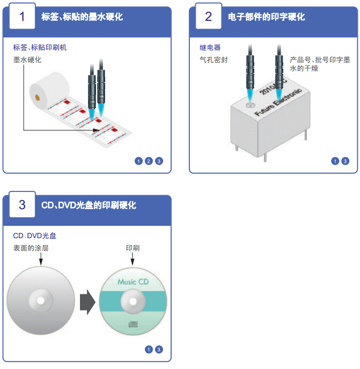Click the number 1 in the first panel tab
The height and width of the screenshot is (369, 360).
click(x=22, y=16)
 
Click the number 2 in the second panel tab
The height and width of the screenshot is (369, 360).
click(x=208, y=16)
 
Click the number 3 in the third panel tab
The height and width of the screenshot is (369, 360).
click(x=22, y=204)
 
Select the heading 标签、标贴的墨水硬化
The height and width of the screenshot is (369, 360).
click(x=82, y=17)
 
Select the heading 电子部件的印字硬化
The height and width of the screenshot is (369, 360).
click(x=266, y=17)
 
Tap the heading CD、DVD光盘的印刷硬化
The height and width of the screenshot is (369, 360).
click(x=89, y=205)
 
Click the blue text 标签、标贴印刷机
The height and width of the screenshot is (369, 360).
click(x=40, y=48)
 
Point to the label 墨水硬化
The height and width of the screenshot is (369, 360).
click(x=27, y=60)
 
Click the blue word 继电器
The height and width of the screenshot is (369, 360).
click(x=210, y=48)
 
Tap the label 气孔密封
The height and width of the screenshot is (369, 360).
click(x=213, y=60)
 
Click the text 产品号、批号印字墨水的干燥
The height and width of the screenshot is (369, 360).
click(x=319, y=64)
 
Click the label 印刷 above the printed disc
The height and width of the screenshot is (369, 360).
click(x=133, y=248)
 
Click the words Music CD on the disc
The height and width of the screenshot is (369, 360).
click(x=133, y=282)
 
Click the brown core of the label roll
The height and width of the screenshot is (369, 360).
click(x=36, y=98)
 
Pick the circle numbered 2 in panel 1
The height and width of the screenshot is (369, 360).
click(x=149, y=161)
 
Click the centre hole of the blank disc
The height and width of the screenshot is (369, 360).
click(x=40, y=300)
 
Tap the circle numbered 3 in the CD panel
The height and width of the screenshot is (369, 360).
click(x=159, y=350)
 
